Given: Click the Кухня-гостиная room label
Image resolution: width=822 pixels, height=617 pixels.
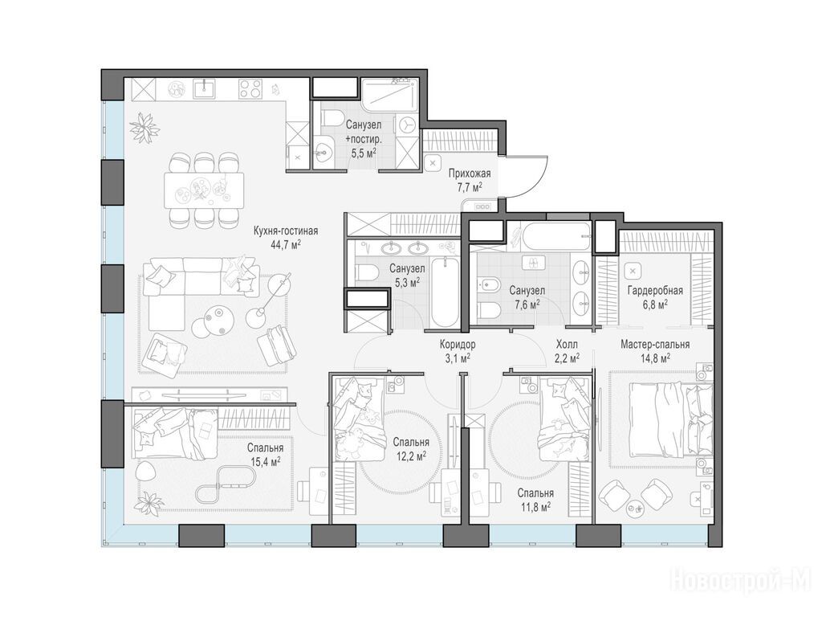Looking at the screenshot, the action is (285, 231).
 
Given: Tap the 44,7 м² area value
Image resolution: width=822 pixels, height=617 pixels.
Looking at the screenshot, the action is (286, 244).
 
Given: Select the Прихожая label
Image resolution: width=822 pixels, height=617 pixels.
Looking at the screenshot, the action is (469, 174).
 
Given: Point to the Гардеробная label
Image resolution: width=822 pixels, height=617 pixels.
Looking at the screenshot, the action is (655, 291).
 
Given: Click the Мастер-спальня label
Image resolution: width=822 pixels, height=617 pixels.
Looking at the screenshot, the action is (655, 345).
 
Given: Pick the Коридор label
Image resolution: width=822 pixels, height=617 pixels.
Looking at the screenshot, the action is (458, 345).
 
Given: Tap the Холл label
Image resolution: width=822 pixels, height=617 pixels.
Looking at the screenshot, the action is (567, 345).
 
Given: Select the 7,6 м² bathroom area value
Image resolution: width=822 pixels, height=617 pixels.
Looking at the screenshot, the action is (527, 304).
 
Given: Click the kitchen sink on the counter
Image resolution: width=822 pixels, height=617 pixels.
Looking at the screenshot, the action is (204, 88).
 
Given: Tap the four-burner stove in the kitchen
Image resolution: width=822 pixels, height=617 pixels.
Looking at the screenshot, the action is (250, 88).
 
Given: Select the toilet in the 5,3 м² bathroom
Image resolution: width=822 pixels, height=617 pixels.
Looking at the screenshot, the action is (366, 272).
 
